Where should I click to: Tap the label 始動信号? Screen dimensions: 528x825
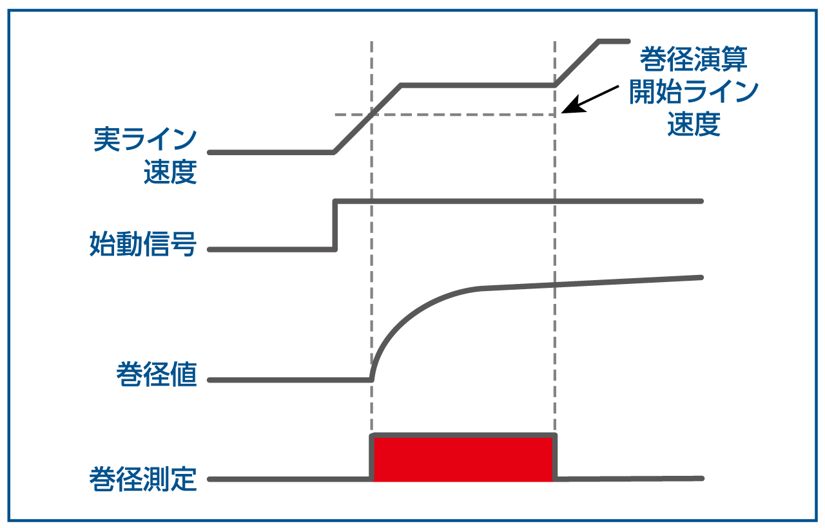(x=142, y=245)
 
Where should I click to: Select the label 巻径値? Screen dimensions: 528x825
(x=157, y=374)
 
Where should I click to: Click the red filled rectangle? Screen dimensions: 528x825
(x=463, y=458)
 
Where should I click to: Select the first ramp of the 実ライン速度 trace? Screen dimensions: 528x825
(x=367, y=118)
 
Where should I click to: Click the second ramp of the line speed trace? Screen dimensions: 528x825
(x=577, y=62)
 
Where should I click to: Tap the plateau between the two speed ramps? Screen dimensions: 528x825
(x=477, y=84)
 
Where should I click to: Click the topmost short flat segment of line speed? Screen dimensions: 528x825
(x=614, y=41)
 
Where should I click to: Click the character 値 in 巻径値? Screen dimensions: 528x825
(x=184, y=374)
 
